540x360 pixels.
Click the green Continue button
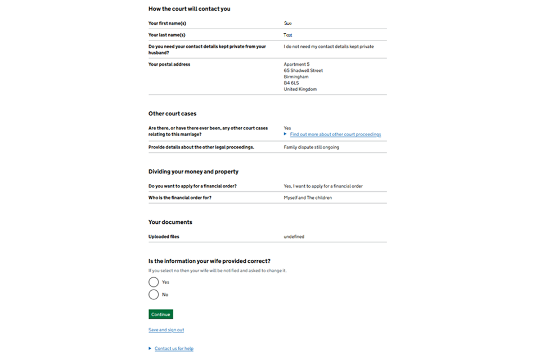[160, 314]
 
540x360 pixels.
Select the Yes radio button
[154, 282]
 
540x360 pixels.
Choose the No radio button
[154, 295]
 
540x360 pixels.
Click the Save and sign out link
[166, 330]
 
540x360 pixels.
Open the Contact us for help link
[174, 349]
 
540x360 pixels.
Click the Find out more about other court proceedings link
[335, 134]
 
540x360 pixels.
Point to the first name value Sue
[288, 23]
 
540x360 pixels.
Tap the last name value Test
[288, 35]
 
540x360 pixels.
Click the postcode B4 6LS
[292, 83]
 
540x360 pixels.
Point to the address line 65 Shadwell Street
[303, 71]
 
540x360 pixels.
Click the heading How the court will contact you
[189, 9]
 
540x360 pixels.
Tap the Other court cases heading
[172, 114]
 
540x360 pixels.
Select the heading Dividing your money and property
[193, 172]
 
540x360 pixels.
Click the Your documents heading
[170, 222]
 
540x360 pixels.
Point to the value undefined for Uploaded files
[294, 237]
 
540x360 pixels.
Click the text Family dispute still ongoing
[311, 147]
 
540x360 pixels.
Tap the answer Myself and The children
[308, 198]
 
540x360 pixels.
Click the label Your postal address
[169, 64]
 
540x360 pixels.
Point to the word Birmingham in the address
[296, 77]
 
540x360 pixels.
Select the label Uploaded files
[164, 237]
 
